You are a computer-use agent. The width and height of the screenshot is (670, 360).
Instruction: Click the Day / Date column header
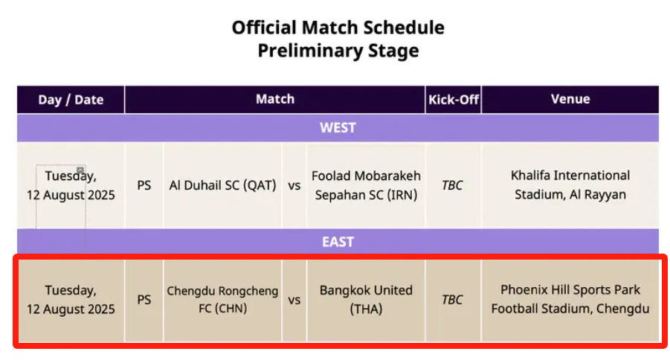tap(71, 100)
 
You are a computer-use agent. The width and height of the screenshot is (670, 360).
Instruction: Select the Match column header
tap(274, 99)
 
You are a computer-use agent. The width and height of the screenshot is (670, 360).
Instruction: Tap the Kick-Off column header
tap(454, 100)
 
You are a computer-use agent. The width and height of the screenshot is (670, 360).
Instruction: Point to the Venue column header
tap(570, 99)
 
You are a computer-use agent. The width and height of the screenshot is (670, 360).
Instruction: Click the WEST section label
tap(338, 128)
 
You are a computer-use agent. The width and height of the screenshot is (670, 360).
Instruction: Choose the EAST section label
tap(338, 242)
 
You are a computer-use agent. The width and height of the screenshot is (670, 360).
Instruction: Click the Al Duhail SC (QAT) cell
tap(222, 185)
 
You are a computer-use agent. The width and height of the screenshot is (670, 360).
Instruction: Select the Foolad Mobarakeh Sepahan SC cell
tap(366, 185)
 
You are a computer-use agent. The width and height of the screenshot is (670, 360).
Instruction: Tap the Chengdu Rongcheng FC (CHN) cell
tap(222, 299)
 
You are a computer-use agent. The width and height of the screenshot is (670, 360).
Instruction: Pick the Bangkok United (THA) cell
tap(366, 299)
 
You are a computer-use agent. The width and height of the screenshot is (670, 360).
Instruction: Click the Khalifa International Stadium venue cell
tap(570, 184)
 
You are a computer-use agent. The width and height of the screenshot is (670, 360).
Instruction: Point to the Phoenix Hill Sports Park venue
tap(570, 299)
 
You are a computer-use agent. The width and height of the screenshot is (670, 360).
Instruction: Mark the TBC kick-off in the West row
tap(452, 185)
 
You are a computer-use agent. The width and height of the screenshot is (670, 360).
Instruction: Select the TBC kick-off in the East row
tap(452, 300)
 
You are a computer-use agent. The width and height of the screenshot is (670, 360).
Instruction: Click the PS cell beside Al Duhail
tap(144, 185)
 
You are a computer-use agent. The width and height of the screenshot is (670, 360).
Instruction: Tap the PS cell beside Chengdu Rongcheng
tap(144, 300)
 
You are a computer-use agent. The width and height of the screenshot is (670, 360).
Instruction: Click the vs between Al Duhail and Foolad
tap(294, 186)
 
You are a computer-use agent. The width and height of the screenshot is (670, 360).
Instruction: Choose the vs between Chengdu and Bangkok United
tap(294, 300)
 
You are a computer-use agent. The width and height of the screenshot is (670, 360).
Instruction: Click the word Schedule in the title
tap(399, 28)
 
